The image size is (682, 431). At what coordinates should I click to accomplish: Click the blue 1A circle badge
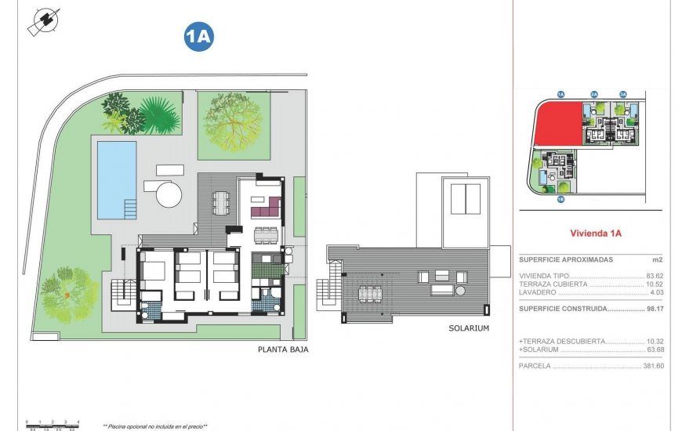point(198,36)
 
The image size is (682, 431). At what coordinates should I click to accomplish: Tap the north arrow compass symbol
point(44,22)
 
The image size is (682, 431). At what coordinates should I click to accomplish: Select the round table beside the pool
point(168,194)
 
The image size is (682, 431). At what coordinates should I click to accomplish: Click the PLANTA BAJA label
point(282,350)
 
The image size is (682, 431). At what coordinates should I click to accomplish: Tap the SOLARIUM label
point(470,328)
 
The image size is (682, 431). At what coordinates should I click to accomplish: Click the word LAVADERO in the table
point(538,292)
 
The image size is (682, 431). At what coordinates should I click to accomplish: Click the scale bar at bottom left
point(52,423)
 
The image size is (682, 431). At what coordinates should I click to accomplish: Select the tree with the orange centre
point(69,295)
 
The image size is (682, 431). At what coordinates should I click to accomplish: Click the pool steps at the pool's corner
point(129,209)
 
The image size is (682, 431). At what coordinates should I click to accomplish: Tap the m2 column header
point(657,259)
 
